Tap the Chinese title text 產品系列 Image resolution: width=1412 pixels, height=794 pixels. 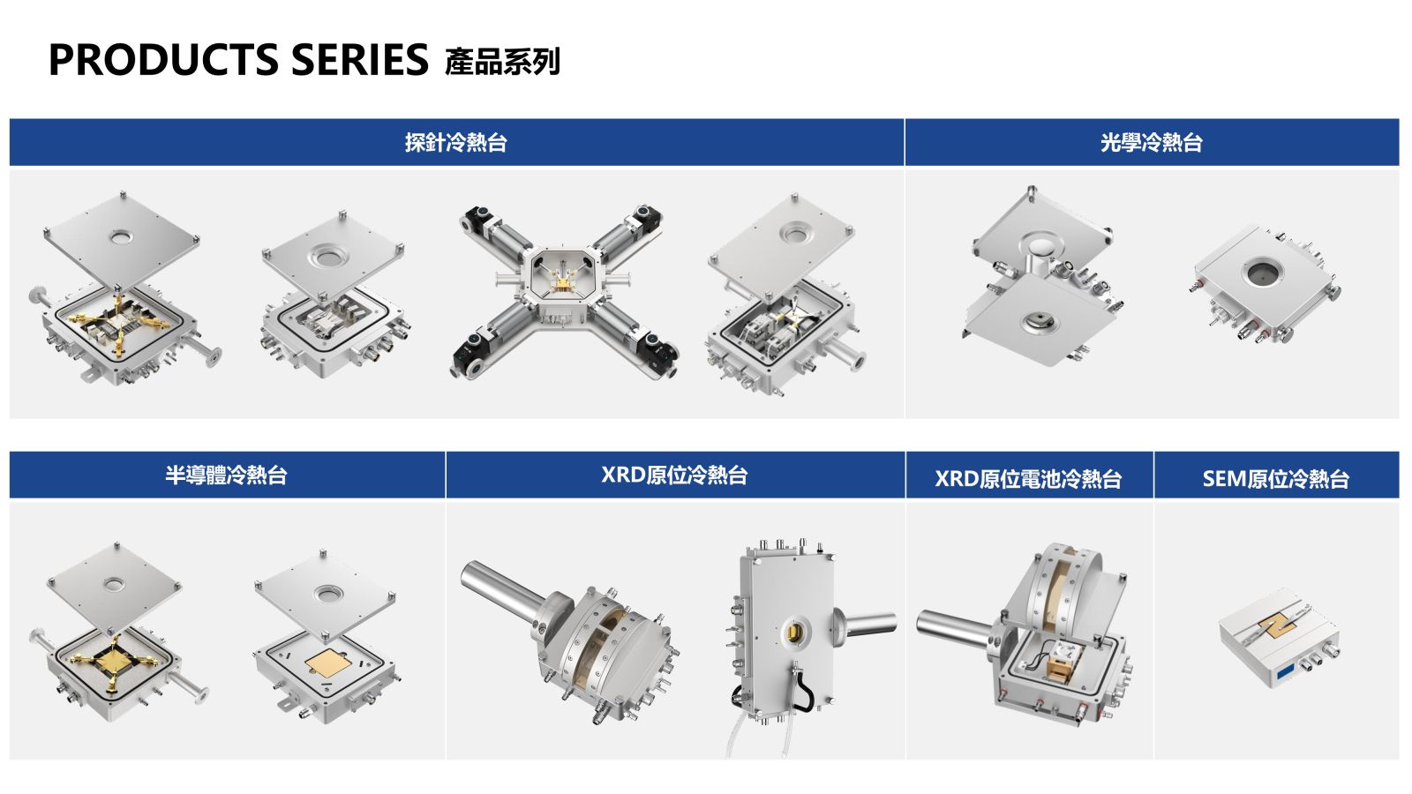(502, 62)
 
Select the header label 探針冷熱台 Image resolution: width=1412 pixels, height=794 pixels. (455, 142)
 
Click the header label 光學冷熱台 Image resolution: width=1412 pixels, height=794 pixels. (1152, 142)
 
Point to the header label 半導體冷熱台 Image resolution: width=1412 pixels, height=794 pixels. (226, 475)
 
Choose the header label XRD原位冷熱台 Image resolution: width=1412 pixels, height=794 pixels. (674, 475)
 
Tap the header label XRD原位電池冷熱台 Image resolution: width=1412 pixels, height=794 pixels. (1028, 479)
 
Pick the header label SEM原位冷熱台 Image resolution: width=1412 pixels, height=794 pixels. (1276, 479)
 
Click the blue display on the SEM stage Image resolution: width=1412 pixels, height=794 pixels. (1286, 671)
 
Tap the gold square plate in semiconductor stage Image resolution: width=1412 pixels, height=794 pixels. (328, 663)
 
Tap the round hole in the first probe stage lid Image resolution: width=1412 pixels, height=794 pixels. (120, 237)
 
